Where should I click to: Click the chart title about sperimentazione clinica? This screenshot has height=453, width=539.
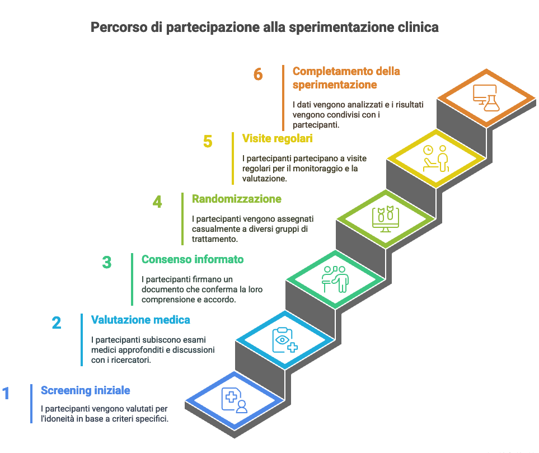[265, 27]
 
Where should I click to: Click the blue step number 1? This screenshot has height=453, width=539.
[6, 393]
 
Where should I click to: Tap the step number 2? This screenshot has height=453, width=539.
[57, 323]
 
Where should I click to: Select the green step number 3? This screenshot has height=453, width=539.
[107, 262]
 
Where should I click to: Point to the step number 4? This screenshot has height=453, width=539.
[157, 202]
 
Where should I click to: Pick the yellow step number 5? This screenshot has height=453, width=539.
[208, 141]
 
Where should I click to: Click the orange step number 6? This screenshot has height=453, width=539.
[258, 74]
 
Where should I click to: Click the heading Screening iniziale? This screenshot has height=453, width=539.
[86, 390]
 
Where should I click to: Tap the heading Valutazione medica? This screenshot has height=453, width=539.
[140, 320]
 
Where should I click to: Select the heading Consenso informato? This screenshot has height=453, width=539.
[193, 259]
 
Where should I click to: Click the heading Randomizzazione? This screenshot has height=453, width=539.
[237, 199]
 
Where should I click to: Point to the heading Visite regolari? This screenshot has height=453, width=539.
[277, 138]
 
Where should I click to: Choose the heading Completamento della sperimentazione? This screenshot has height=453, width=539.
[346, 78]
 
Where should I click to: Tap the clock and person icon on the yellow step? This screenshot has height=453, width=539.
[435, 158]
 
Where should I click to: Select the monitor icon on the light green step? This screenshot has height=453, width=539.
[385, 219]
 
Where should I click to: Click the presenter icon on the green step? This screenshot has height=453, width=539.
[335, 278]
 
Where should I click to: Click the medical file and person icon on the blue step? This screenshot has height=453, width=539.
[235, 400]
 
